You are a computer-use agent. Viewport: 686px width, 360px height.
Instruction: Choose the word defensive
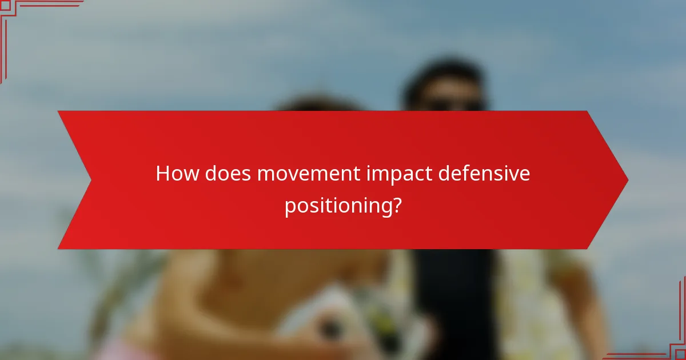[484, 174]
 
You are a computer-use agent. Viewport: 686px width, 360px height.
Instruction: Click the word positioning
[337, 206]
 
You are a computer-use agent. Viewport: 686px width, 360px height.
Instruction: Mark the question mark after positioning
[396, 205]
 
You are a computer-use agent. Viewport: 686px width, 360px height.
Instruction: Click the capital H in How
[163, 174]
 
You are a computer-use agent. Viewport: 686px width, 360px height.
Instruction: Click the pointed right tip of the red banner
[627, 180]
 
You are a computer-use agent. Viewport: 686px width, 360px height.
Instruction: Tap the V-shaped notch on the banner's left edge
[90, 180]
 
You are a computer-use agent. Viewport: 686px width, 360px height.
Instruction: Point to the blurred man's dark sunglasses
[452, 105]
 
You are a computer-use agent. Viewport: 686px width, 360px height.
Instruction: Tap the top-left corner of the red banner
[59, 111]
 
